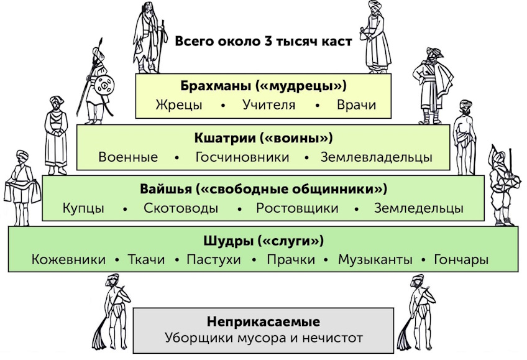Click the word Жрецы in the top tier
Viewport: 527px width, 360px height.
[179, 105]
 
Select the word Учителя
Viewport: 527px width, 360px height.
[269, 104]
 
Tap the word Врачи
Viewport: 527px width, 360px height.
[356, 104]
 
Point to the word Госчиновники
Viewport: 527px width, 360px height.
[242, 157]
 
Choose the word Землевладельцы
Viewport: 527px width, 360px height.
[376, 157]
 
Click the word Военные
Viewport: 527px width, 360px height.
[128, 157]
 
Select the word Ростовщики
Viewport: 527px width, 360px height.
[297, 208]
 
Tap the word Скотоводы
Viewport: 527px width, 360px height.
[181, 208]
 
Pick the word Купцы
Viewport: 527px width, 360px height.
[83, 208]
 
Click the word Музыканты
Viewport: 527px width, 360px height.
[375, 259]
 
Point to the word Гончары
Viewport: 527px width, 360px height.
[461, 259]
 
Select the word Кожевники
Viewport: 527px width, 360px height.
[68, 259]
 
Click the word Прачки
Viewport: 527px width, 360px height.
[291, 259]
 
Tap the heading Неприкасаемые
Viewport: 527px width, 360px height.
[263, 321]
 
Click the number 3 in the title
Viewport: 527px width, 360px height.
[268, 41]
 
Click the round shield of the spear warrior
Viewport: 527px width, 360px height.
[104, 85]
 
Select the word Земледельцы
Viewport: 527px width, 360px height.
[419, 208]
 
